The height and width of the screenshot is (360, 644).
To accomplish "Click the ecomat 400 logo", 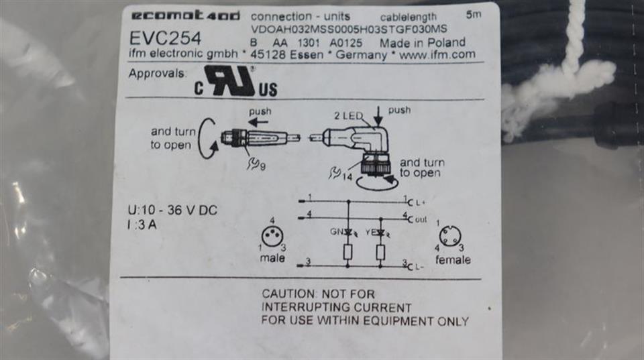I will (x=184, y=15).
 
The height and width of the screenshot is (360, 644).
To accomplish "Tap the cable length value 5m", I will (x=474, y=14).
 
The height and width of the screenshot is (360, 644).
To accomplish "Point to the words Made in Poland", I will (x=422, y=42).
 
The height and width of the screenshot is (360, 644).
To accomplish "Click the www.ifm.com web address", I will (x=437, y=55).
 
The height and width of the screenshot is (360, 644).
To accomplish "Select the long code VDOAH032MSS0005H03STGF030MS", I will (x=349, y=29).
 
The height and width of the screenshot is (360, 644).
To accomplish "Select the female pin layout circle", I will (x=449, y=237).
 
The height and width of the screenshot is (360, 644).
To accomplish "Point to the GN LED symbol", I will (x=348, y=233).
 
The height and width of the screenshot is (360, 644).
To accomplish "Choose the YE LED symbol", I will (x=380, y=233).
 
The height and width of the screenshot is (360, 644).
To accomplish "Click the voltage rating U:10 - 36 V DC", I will (x=172, y=211).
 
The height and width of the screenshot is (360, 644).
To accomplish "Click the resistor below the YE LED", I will (x=380, y=253).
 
